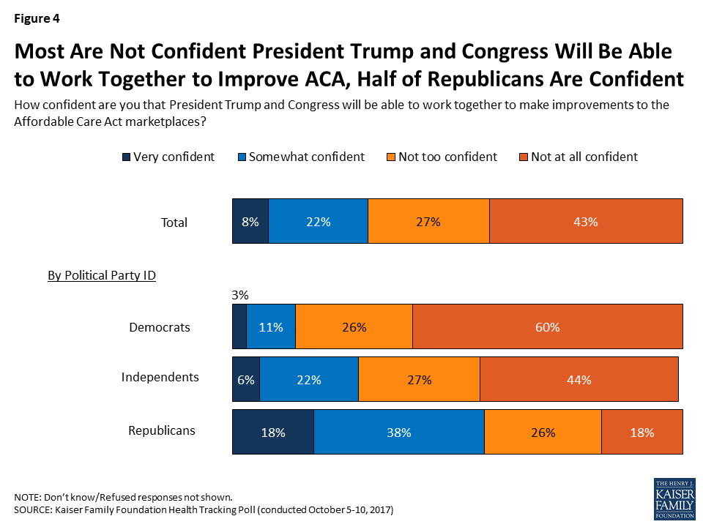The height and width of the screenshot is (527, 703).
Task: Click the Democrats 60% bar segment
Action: pyautogui.click(x=548, y=327)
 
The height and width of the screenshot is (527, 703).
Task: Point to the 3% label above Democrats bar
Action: pyautogui.click(x=240, y=296)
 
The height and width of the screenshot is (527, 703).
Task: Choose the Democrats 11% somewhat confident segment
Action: pyautogui.click(x=271, y=327)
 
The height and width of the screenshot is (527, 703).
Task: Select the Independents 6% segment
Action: pyautogui.click(x=246, y=380)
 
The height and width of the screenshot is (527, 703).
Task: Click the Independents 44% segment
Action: pyautogui.click(x=579, y=380)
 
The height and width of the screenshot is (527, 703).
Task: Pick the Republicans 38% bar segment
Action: pyautogui.click(x=399, y=432)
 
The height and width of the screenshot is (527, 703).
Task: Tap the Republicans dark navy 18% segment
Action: pyautogui.click(x=272, y=432)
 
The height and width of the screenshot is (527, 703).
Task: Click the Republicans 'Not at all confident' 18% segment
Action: pyautogui.click(x=642, y=432)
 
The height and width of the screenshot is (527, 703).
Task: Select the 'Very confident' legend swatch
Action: pyautogui.click(x=125, y=157)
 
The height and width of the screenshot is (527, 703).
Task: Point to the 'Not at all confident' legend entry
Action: pyautogui.click(x=578, y=157)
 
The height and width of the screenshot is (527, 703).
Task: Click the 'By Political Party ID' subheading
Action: pyautogui.click(x=102, y=276)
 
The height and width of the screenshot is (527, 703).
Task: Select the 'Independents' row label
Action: pyautogui.click(x=160, y=377)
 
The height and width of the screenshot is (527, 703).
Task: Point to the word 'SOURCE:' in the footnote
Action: pyautogui.click(x=34, y=509)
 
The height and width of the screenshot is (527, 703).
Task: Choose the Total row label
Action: pyautogui.click(x=174, y=223)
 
